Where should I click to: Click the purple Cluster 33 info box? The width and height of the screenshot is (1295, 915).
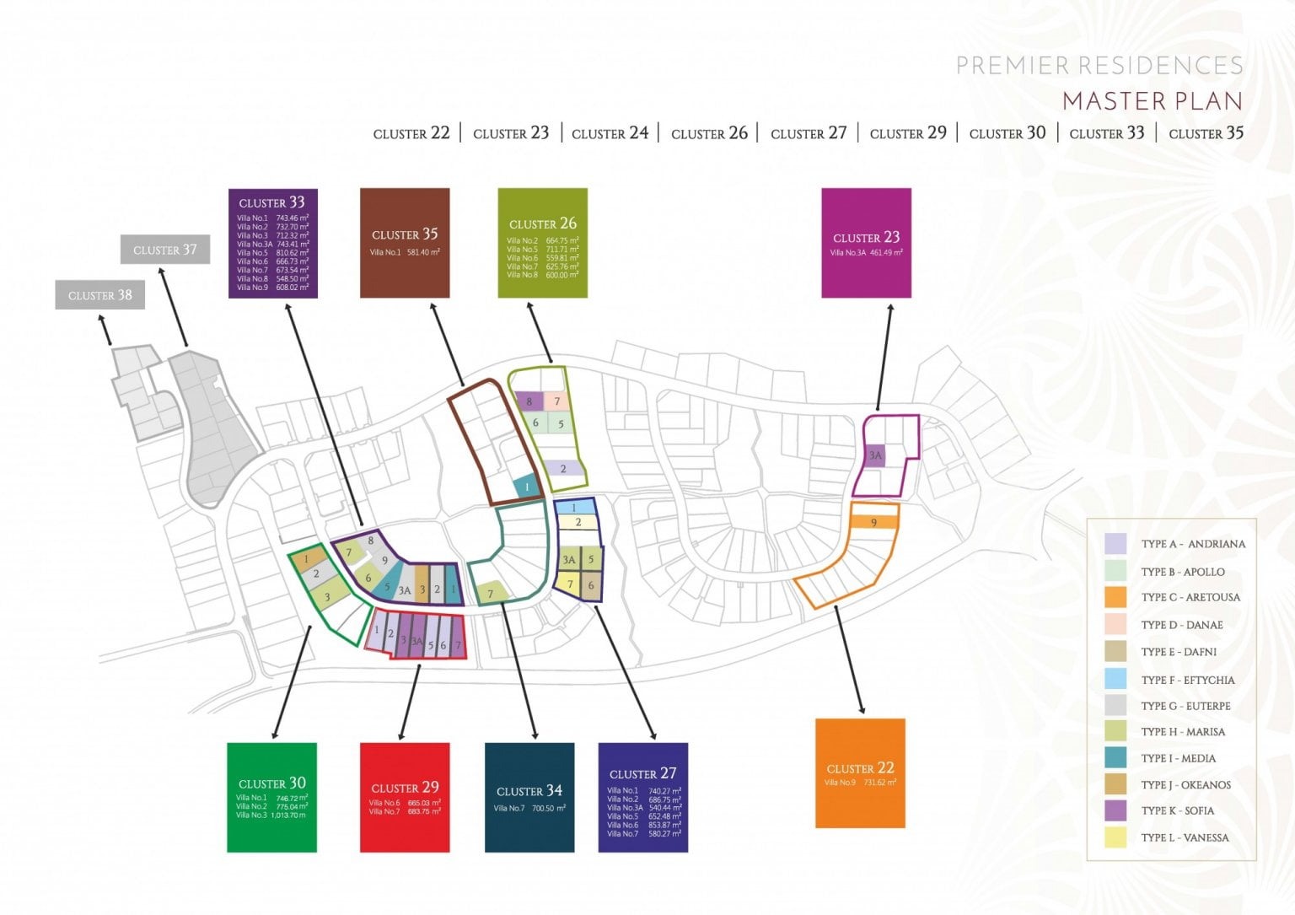click(272, 243)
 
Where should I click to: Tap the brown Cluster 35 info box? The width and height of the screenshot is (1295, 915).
click(405, 243)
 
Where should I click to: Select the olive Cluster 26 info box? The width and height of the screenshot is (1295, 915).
click(542, 243)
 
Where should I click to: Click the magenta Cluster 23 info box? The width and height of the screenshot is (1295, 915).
click(866, 243)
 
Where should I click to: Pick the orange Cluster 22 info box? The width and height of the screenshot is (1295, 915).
click(860, 773)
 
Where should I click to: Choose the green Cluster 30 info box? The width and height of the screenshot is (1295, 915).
click(271, 797)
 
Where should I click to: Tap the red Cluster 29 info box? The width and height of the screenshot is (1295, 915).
click(405, 797)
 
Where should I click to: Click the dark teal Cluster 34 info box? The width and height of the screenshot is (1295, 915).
click(529, 797)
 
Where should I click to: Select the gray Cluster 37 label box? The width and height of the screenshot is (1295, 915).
click(164, 250)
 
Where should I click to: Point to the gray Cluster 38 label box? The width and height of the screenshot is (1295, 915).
click(99, 295)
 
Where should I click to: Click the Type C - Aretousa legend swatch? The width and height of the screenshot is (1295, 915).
click(1115, 597)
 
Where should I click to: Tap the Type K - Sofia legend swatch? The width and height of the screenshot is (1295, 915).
click(1115, 810)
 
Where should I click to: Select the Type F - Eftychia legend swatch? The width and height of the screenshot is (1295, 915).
click(1115, 679)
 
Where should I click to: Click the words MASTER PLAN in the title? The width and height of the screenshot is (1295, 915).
click(1152, 101)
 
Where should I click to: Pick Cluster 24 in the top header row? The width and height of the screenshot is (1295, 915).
click(610, 133)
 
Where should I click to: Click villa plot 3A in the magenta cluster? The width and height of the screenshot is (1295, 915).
click(875, 455)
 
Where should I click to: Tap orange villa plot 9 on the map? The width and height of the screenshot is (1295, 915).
click(873, 523)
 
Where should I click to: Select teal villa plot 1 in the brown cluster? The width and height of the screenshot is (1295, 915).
click(527, 487)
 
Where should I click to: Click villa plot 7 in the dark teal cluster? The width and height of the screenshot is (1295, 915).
click(491, 594)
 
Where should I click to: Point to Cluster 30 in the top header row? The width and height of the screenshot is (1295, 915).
click(1007, 133)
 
